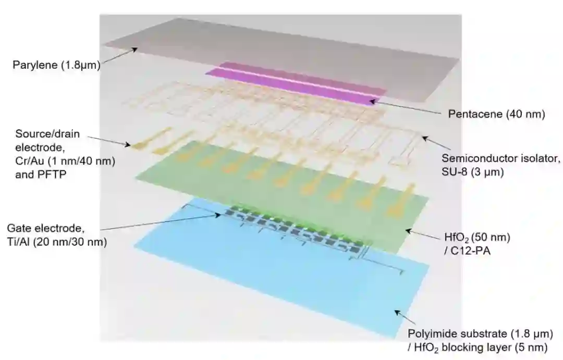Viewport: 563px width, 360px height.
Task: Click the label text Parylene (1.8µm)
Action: [56, 66]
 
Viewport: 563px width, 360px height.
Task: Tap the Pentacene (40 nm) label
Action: [496, 114]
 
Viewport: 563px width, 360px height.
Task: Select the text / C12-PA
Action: [463, 251]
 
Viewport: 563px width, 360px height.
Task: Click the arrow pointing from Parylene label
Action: [119, 56]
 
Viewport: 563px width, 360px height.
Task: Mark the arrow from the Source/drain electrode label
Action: [109, 141]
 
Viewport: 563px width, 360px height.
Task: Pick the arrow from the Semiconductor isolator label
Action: [432, 144]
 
